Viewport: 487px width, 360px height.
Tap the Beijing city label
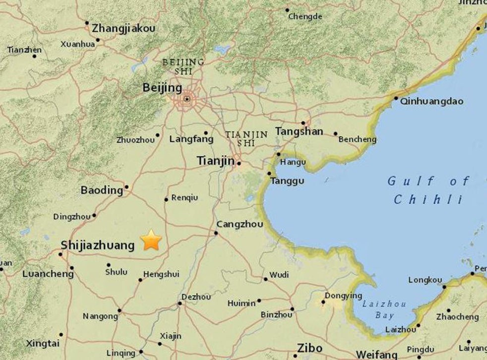click(x=162, y=88)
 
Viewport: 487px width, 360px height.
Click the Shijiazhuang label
click(x=97, y=245)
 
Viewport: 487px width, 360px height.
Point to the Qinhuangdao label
click(x=432, y=101)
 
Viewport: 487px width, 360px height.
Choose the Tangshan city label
click(x=299, y=131)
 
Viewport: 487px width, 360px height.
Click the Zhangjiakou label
click(x=123, y=28)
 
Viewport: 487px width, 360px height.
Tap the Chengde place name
click(x=305, y=17)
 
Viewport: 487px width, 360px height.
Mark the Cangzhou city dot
click(x=217, y=233)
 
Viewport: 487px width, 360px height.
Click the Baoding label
click(x=102, y=190)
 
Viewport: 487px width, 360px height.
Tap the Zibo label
click(x=310, y=348)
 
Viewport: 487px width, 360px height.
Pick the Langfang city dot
click(x=206, y=132)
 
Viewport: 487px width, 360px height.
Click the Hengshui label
click(x=161, y=274)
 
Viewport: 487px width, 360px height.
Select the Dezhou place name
click(x=196, y=297)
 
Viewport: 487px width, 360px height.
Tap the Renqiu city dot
click(x=166, y=200)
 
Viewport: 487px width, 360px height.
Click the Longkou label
click(x=425, y=280)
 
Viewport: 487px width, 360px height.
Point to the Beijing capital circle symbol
click(x=186, y=99)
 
